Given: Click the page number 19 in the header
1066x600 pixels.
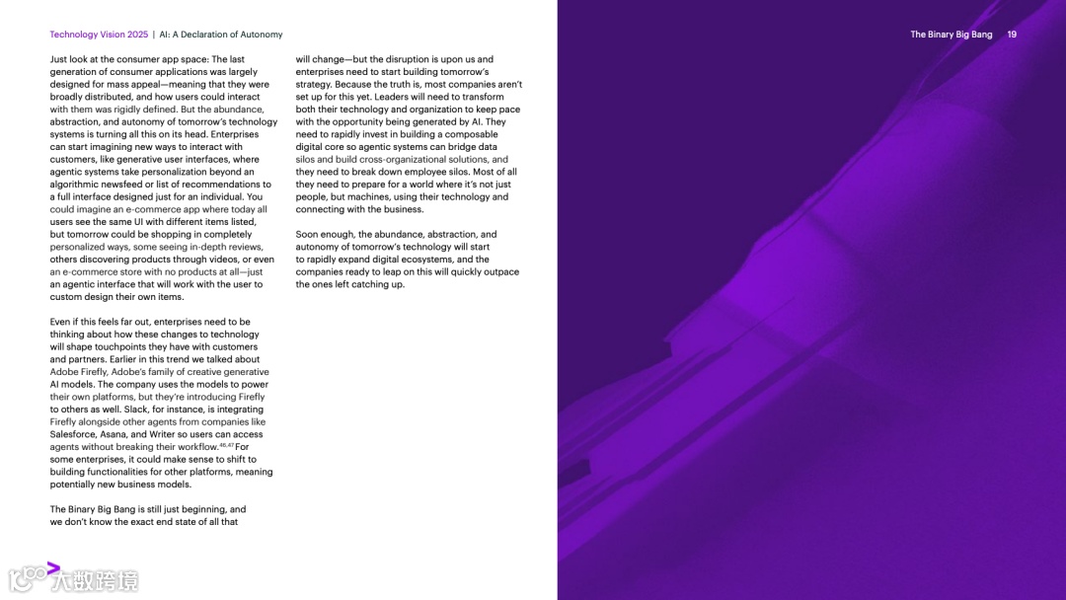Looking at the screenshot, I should [1012, 35].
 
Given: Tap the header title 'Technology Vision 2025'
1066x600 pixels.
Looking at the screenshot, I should [99, 35].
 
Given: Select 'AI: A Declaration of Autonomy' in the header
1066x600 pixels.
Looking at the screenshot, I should [221, 35].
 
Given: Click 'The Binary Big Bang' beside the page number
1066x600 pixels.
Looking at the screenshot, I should [952, 35].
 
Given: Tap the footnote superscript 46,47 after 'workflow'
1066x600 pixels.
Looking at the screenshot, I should [225, 445].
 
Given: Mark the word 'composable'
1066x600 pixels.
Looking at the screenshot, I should [473, 134].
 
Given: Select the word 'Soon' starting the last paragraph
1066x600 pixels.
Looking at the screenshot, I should [307, 235].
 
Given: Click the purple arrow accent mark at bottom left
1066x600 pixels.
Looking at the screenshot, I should [53, 566].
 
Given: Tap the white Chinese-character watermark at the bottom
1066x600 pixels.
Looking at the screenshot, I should [97, 580].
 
